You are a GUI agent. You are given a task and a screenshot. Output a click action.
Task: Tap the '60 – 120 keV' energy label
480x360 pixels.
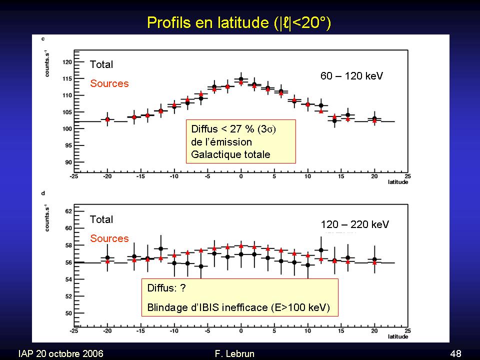[351, 76]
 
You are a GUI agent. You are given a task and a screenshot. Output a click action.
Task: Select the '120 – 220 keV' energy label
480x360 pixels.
[354, 224]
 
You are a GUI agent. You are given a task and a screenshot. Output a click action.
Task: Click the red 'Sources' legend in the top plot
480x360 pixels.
[109, 83]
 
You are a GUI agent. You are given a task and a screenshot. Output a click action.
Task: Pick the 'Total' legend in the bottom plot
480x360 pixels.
[101, 219]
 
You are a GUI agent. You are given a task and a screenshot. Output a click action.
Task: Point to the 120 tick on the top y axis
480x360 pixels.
[68, 62]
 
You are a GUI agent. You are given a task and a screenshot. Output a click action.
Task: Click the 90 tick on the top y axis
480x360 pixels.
[69, 162]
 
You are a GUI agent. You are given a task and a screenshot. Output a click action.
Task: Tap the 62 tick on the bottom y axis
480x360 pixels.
[69, 211]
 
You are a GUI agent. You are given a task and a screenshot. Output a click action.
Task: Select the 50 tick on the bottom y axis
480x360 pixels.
[69, 313]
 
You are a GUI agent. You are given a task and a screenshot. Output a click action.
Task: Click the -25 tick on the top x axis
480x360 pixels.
[73, 176]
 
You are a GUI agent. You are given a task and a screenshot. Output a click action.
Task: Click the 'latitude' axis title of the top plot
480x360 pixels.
[397, 182]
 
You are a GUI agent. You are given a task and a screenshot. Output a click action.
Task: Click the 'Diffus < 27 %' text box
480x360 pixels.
[240, 141]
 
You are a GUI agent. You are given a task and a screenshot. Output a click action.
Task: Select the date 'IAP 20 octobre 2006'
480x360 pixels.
[60, 353]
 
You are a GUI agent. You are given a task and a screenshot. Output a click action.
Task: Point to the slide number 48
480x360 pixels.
[455, 353]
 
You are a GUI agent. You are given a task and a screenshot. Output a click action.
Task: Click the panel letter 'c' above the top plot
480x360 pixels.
[43, 39]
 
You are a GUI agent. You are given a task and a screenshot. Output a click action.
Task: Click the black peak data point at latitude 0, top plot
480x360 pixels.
[241, 79]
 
